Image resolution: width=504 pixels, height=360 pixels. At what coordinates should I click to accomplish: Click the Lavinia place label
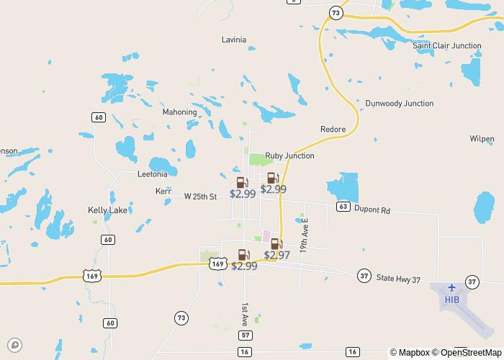[x=233, y=40]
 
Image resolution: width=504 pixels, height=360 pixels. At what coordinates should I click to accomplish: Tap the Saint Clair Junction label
[x=446, y=46]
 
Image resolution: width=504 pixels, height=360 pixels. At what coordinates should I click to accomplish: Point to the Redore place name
[x=333, y=130]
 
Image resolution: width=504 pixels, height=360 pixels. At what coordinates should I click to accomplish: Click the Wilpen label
[x=482, y=139]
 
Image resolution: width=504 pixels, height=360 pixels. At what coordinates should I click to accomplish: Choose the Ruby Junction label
[x=289, y=156]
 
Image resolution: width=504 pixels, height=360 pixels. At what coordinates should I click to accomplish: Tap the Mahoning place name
[x=179, y=112]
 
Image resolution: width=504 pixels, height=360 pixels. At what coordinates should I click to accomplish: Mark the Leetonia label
[x=152, y=174]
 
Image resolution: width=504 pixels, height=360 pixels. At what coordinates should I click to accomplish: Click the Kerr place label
[x=163, y=192]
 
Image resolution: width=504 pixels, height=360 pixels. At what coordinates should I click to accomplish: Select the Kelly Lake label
[x=107, y=210]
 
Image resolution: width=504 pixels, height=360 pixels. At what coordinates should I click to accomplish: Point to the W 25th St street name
[x=200, y=197]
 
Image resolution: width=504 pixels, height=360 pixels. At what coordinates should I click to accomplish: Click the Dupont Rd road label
[x=375, y=211]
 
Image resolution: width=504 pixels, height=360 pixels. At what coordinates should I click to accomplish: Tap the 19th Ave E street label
[x=305, y=234]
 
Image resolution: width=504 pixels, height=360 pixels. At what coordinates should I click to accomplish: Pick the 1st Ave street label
[x=245, y=313]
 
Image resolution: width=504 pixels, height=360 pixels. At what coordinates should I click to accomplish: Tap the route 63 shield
[x=343, y=207]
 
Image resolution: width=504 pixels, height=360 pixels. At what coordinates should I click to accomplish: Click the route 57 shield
[x=246, y=336]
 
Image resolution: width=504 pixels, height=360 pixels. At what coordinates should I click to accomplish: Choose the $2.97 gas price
[x=276, y=255]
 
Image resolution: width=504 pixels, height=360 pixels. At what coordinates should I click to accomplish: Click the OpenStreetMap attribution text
[x=466, y=353]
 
